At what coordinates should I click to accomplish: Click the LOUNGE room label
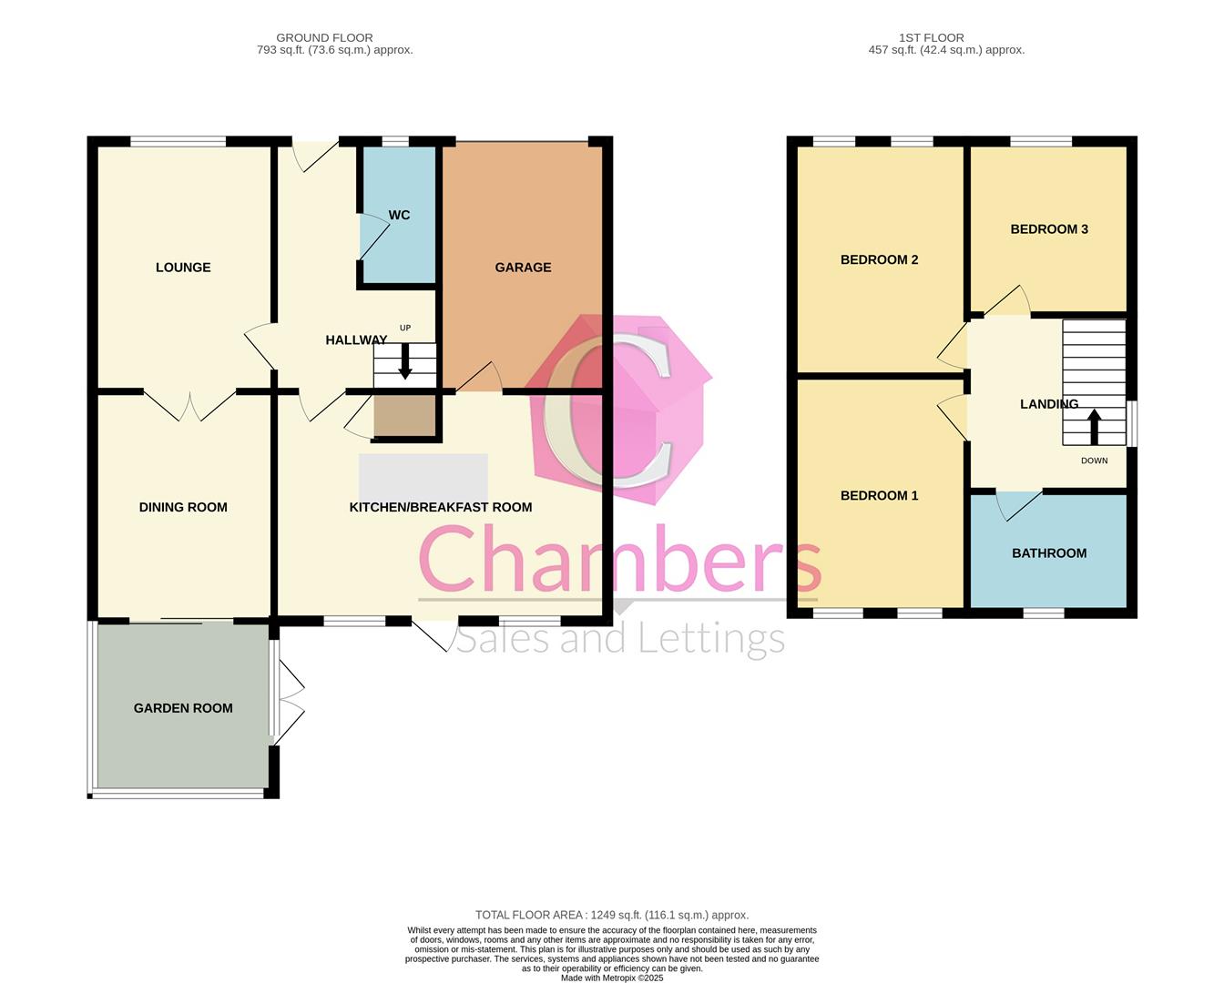click(183, 268)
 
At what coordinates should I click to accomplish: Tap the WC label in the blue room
click(399, 215)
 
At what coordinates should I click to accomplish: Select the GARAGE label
click(523, 268)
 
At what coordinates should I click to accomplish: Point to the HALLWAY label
click(356, 340)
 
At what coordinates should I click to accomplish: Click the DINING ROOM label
click(183, 507)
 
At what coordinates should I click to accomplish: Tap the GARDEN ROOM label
click(183, 708)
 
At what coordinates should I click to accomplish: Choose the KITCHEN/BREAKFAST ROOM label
click(441, 507)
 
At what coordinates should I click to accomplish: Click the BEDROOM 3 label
click(1049, 229)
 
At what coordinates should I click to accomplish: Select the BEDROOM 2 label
click(880, 259)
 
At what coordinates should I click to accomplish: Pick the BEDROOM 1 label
click(880, 496)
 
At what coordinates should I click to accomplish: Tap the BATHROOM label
click(1049, 553)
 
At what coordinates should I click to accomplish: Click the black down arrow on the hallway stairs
click(405, 362)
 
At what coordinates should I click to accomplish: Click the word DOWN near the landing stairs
click(1095, 461)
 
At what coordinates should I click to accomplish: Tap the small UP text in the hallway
click(405, 328)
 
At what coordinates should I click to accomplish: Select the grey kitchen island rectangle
click(423, 478)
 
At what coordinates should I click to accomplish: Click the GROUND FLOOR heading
click(325, 37)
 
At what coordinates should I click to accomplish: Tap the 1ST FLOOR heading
click(932, 37)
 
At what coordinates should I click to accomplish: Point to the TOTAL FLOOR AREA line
click(612, 915)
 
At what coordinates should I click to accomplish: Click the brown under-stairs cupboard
click(405, 416)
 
